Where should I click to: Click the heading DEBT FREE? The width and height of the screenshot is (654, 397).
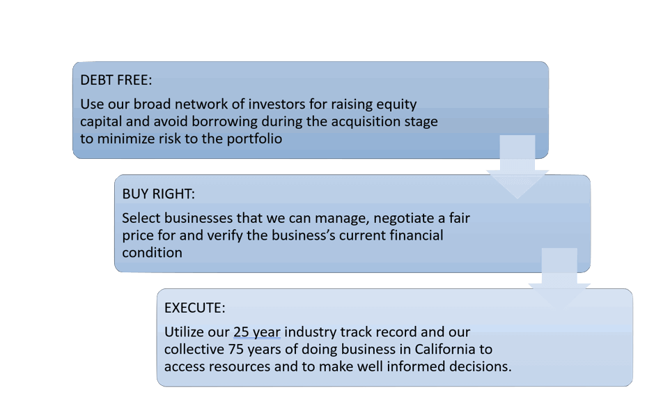point(116,80)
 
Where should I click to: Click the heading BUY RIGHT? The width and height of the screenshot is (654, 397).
point(159,194)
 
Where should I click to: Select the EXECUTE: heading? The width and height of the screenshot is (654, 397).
point(195,308)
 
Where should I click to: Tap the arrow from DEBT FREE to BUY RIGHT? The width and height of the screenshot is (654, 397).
point(517,166)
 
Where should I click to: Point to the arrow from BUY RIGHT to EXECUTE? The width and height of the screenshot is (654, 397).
point(559,279)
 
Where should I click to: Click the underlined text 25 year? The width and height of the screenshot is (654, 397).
point(256,332)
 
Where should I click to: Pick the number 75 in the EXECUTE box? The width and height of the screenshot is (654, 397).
point(235,349)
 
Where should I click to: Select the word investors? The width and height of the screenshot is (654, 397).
point(277,104)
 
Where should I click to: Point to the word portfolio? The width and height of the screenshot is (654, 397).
point(254,139)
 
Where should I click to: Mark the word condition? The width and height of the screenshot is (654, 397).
point(153,253)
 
